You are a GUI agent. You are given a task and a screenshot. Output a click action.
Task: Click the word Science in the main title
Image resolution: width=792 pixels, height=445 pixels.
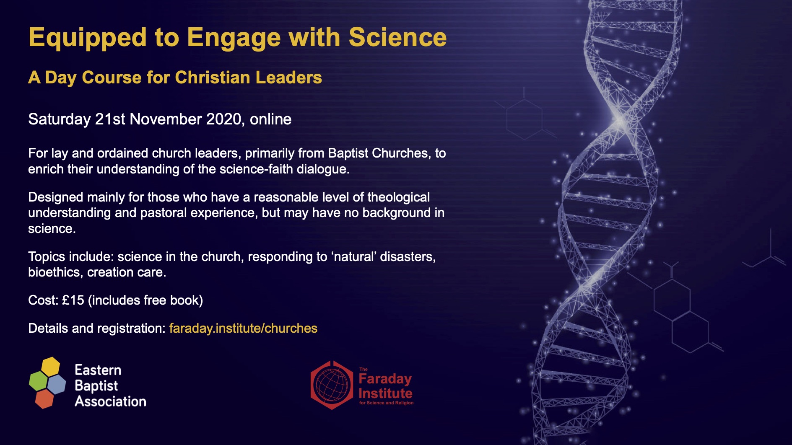coord(397,37)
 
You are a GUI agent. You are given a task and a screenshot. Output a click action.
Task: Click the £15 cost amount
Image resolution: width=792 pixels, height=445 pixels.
coord(73,300)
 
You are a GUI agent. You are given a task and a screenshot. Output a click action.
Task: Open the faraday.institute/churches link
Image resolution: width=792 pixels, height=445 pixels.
coord(243,329)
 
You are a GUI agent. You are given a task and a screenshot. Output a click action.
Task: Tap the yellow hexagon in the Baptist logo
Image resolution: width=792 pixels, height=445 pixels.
coord(51,367)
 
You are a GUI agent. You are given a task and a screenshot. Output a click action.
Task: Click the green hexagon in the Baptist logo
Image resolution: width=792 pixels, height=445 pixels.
coord(38,381)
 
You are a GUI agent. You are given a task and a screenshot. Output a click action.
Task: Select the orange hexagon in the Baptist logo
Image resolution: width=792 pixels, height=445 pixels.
coord(44,398)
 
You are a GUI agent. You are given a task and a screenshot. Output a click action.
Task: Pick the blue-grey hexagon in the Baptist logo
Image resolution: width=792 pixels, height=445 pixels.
coord(57,384)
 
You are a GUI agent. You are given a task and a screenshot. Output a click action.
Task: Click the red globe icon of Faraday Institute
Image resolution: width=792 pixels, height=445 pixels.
coord(332,385)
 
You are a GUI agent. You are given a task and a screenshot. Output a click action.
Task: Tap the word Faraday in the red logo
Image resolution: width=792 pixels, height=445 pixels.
coord(385,379)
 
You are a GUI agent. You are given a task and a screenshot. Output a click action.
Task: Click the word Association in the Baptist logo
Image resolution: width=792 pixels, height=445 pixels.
coord(110,401)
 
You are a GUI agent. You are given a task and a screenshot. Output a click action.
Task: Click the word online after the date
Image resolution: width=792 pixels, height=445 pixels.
coord(270,119)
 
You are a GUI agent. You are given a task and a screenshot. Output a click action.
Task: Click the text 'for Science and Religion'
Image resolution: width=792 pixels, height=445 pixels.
coord(386,403)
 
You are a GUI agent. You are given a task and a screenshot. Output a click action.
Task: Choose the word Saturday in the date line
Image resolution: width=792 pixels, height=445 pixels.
coord(59,119)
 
